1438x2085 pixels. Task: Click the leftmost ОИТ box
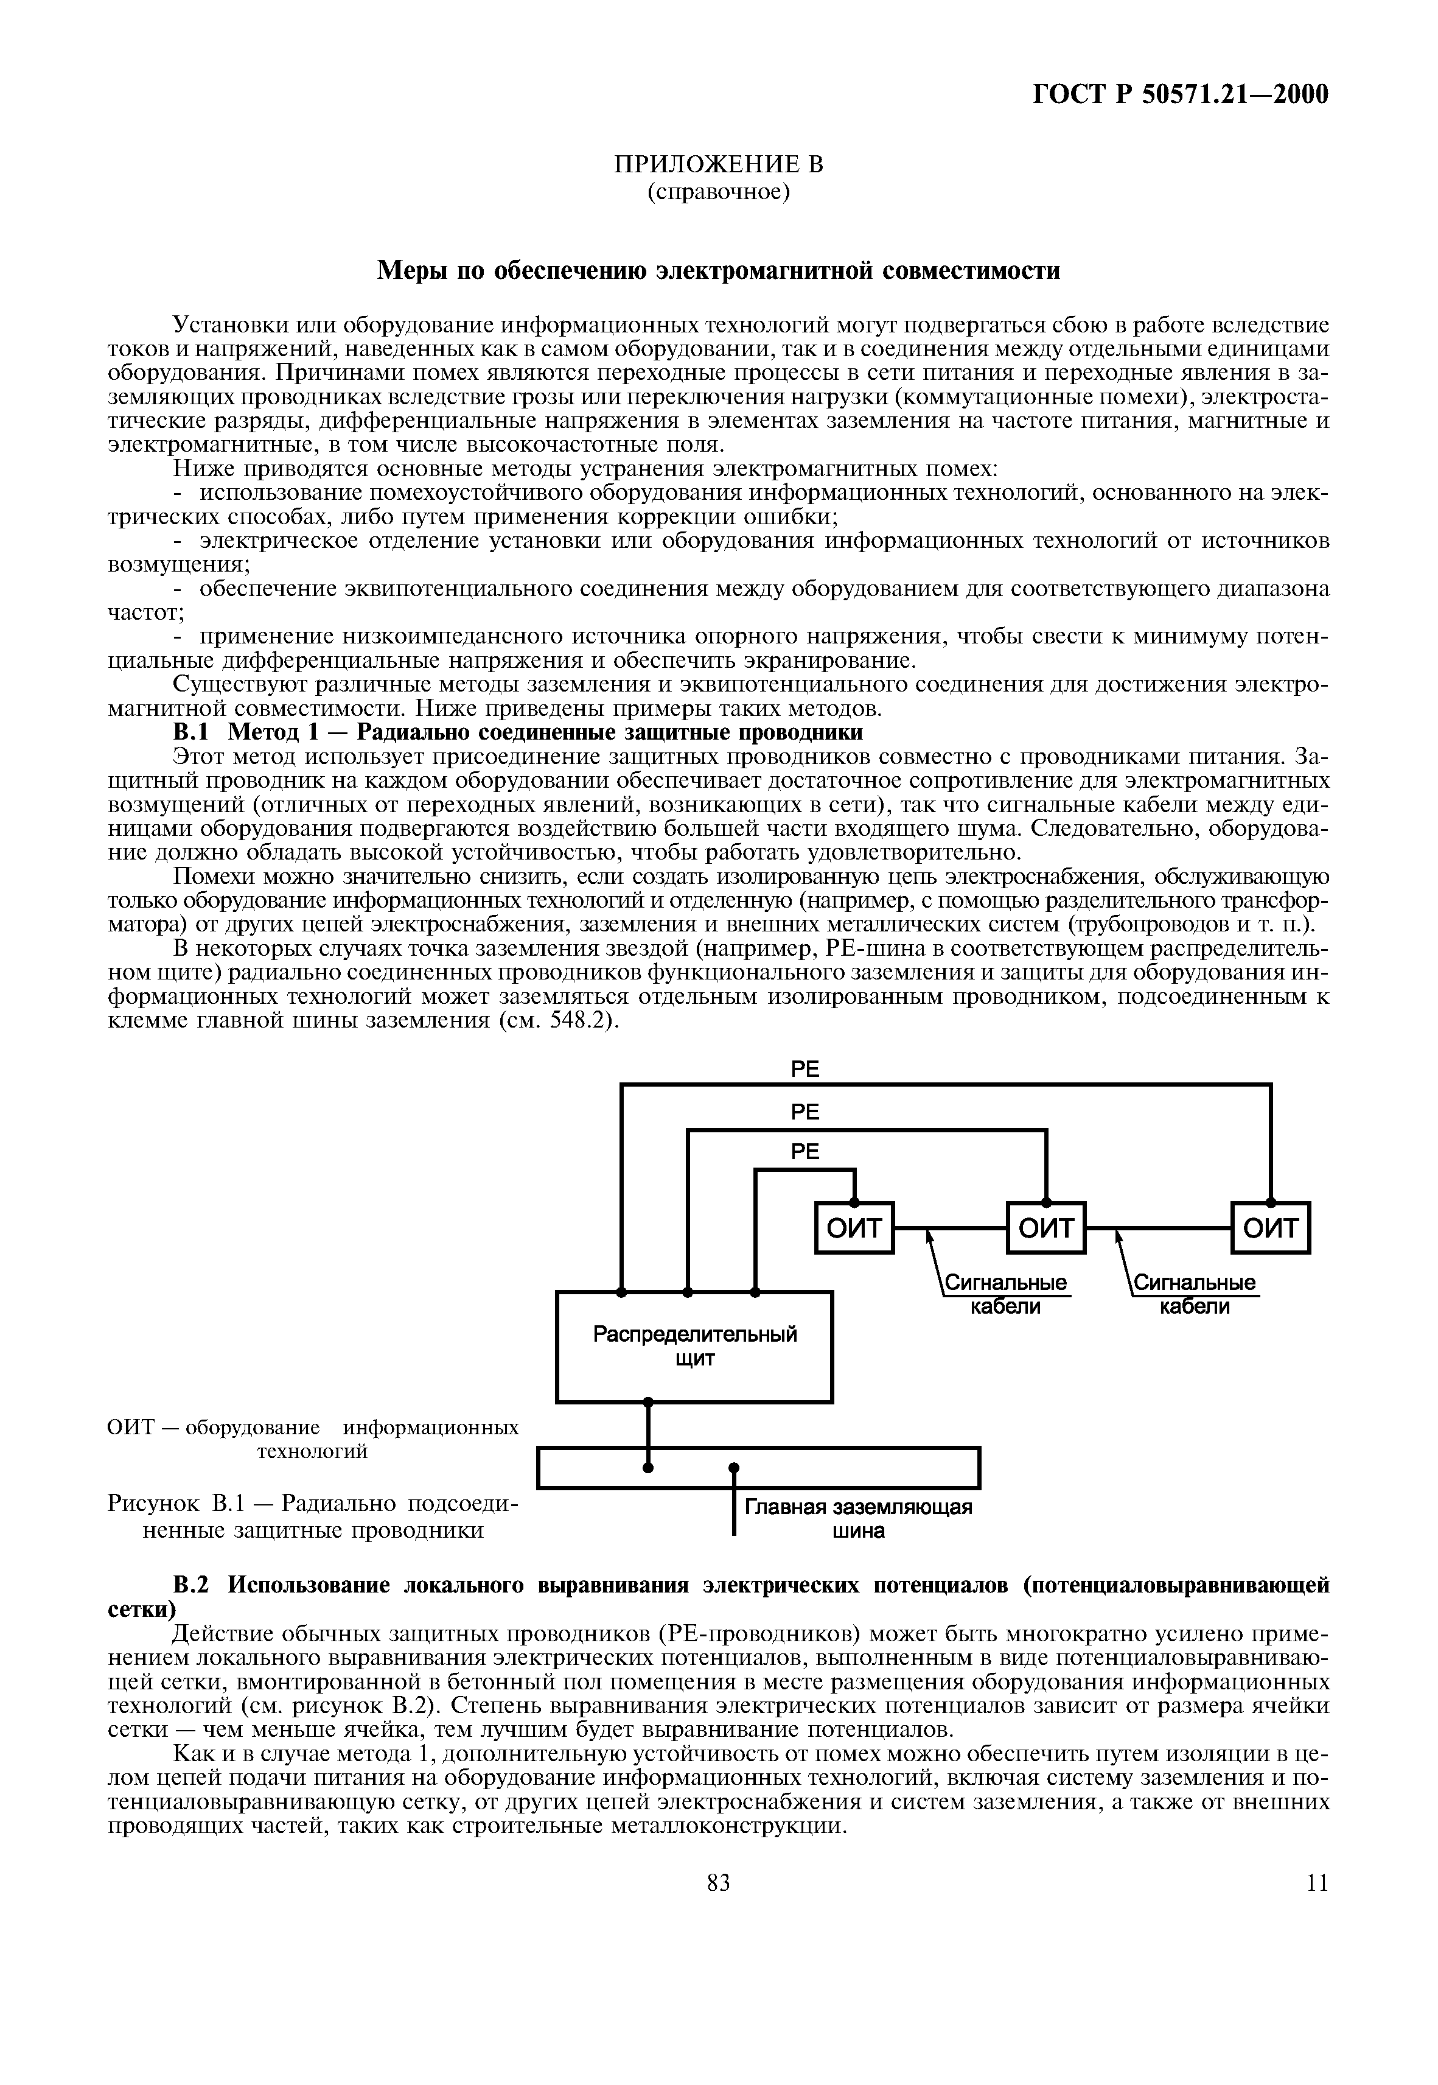pyautogui.click(x=854, y=1228)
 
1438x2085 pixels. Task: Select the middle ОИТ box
pyautogui.click(x=1046, y=1228)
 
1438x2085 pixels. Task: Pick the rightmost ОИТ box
pyautogui.click(x=1271, y=1228)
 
